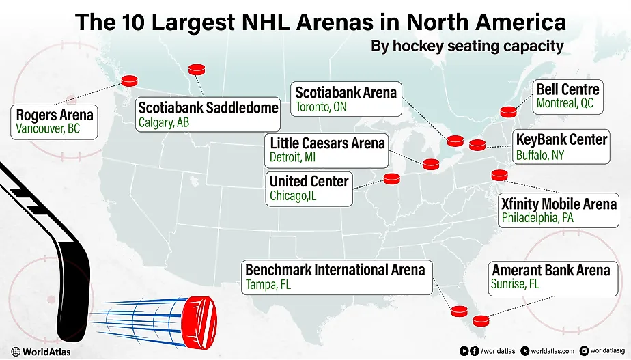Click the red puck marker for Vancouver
pos(129,81)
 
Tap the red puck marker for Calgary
pos(197,69)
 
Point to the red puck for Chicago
pos(391,179)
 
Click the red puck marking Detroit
pos(431,164)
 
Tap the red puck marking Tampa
pos(459,311)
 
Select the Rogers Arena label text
pos(55,113)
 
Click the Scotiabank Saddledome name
pos(208,107)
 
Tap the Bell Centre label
pos(567,89)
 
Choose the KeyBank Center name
pos(561,139)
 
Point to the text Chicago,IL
pos(294,196)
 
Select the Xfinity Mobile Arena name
pos(559,204)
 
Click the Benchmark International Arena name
pos(335,270)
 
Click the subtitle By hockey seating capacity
pos(467,47)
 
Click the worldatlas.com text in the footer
pos(552,350)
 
